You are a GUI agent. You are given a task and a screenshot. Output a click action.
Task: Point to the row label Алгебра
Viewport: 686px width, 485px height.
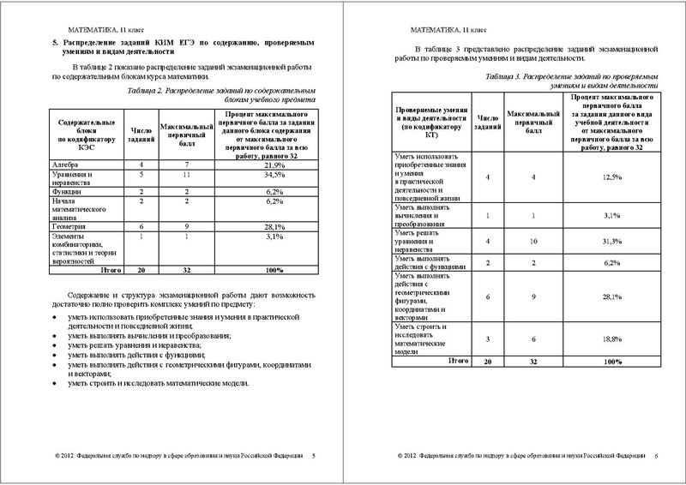tap(68, 164)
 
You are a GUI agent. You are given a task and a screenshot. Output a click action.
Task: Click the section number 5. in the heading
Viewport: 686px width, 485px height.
tap(55, 41)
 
